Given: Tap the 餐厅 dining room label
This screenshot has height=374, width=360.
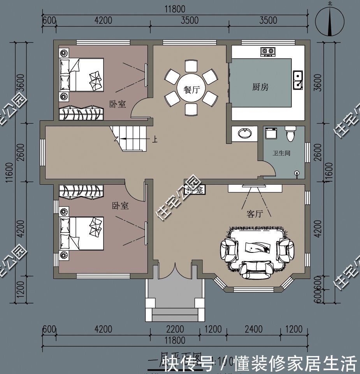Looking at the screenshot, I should pyautogui.click(x=191, y=89).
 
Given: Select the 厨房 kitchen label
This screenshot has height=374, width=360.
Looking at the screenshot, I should pyautogui.click(x=260, y=87).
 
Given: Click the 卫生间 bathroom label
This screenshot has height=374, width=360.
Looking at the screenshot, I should pyautogui.click(x=281, y=153).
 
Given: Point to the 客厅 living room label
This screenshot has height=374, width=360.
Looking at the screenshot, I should pyautogui.click(x=255, y=213).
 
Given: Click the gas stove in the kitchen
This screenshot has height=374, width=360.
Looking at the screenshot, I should pyautogui.click(x=267, y=51).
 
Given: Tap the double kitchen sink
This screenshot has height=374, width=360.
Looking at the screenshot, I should pyautogui.click(x=298, y=79).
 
